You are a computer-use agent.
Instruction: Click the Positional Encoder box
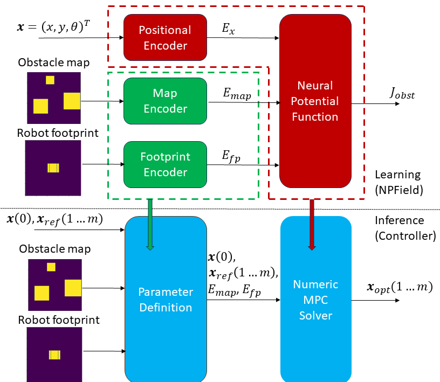165,38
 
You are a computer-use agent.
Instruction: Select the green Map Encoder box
165,101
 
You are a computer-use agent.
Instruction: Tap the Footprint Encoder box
165,164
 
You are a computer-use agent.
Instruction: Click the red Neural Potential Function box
315,101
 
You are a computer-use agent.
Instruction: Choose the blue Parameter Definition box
166,300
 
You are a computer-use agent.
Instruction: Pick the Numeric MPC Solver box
315,300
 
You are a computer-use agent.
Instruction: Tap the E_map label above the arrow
237,93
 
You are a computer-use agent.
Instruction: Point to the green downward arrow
150,224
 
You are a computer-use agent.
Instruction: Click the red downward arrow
312,224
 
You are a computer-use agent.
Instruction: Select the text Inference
400,220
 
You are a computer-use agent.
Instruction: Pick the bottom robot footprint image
54,353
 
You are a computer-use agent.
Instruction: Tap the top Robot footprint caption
58,133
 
